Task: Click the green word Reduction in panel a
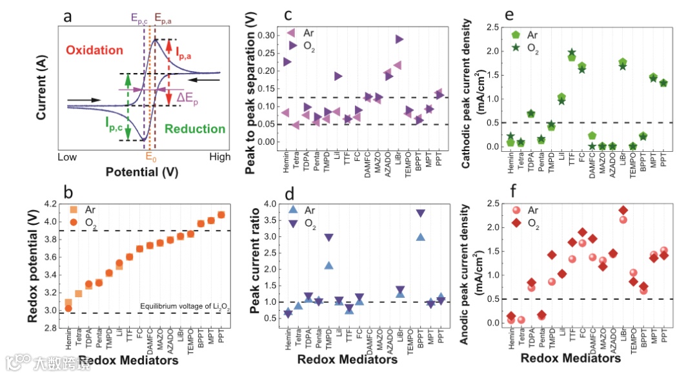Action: click(x=194, y=129)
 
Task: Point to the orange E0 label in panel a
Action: click(x=150, y=156)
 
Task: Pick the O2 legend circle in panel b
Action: click(x=74, y=222)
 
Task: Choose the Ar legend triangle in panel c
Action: click(x=291, y=32)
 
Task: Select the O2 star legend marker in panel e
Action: click(x=516, y=48)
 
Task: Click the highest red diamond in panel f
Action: click(x=622, y=211)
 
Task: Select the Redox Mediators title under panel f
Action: click(x=571, y=357)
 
